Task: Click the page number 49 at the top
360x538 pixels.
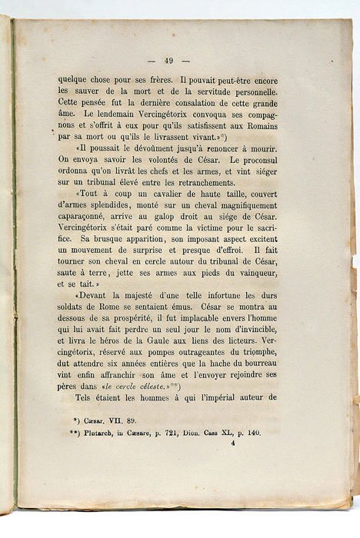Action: click(x=169, y=61)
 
